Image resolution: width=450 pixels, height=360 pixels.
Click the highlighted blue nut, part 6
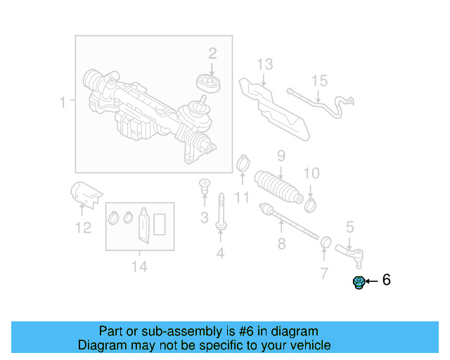pos(359,283)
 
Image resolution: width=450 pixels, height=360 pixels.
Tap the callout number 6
pos(386,281)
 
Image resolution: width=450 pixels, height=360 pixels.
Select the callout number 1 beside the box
pos(63,103)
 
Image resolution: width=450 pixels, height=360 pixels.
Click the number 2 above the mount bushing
pos(212,53)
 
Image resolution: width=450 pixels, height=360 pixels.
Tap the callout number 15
pos(319,81)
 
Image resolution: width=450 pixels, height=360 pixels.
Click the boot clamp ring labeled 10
pos(310,203)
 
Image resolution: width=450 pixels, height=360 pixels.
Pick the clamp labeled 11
pos(243,164)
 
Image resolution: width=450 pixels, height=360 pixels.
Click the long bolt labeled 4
pos(221,211)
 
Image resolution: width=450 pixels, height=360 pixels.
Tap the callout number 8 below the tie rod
pos(281,245)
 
